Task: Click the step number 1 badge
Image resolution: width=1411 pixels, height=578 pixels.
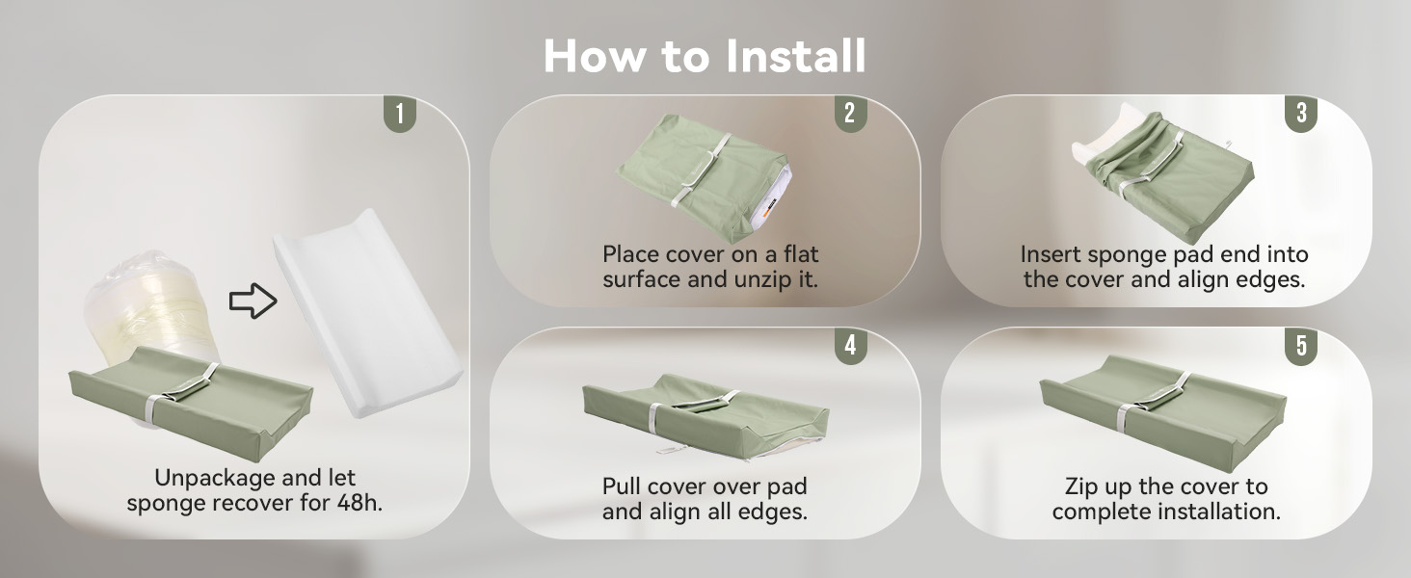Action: [x=399, y=114]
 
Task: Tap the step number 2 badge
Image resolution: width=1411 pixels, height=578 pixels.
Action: [x=849, y=114]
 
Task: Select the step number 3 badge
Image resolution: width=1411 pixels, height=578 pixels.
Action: [x=1300, y=114]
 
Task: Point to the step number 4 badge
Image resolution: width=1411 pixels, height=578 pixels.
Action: [x=849, y=346]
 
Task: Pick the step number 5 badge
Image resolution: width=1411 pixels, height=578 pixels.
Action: [x=1300, y=346]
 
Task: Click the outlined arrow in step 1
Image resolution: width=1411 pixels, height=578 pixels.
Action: [x=253, y=302]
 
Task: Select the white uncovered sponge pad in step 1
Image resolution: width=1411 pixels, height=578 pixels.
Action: [x=366, y=308]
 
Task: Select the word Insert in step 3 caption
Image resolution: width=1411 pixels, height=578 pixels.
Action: [x=1051, y=255]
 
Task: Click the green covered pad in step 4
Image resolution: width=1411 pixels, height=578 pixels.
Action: [x=704, y=414]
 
